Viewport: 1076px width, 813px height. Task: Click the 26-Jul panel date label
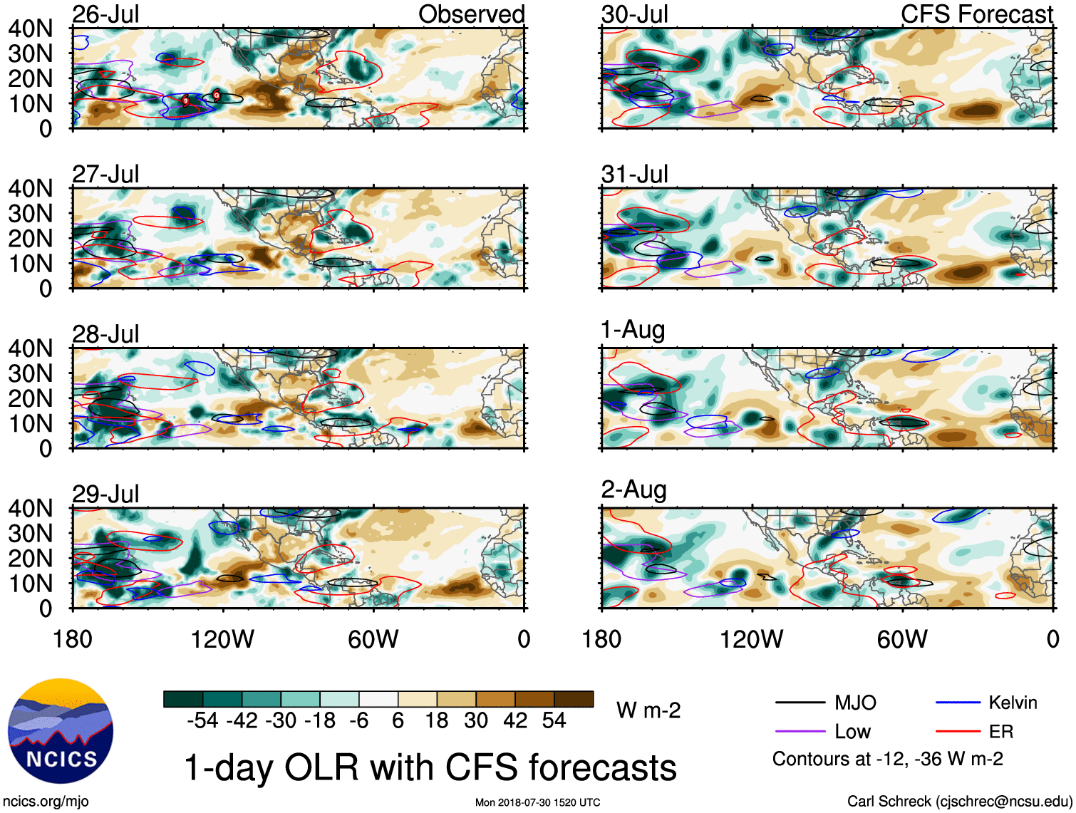(x=106, y=14)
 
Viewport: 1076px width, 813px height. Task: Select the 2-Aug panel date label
(x=634, y=490)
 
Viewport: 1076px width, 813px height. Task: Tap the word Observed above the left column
(x=471, y=14)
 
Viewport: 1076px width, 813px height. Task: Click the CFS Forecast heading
(x=976, y=14)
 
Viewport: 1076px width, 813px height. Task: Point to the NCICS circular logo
(x=61, y=731)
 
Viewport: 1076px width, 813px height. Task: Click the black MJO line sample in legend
(x=800, y=703)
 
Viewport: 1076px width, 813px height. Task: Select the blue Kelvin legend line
(x=958, y=703)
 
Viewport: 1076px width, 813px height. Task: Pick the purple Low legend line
(x=800, y=732)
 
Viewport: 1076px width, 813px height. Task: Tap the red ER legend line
(x=958, y=732)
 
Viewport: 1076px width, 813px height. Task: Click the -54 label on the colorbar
(x=202, y=720)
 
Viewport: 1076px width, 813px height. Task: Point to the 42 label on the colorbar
(x=515, y=720)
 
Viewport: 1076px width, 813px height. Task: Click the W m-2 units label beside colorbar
(x=648, y=710)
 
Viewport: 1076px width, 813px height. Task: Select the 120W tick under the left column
(x=222, y=639)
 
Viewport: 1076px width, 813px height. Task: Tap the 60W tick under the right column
(x=902, y=639)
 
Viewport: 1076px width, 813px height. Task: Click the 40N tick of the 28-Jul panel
(x=30, y=348)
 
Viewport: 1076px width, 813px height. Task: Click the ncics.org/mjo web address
(x=46, y=801)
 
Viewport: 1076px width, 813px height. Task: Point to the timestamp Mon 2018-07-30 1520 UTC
(x=537, y=802)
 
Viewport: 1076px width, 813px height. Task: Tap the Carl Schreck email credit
(x=959, y=801)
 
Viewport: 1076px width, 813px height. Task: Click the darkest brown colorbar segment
(x=574, y=699)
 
